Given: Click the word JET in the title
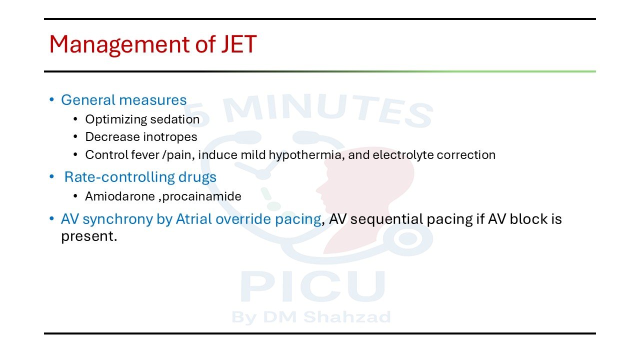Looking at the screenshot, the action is tap(239, 44).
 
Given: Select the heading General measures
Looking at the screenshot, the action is tap(123, 100).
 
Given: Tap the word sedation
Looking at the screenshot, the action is tap(175, 119).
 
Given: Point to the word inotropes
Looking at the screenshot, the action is tap(170, 137).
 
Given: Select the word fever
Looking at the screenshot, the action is tap(145, 155).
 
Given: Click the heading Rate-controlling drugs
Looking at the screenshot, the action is tap(140, 177).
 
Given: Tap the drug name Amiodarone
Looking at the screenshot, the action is tap(120, 196).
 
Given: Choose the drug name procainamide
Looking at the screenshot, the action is tap(201, 197).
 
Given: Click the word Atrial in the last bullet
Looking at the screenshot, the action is tap(193, 219).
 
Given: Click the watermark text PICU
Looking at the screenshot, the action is tap(313, 286).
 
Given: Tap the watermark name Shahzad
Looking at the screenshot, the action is tap(347, 316).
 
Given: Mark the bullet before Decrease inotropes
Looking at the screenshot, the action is tap(75, 137).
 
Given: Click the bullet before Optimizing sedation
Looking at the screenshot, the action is tap(75, 119).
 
